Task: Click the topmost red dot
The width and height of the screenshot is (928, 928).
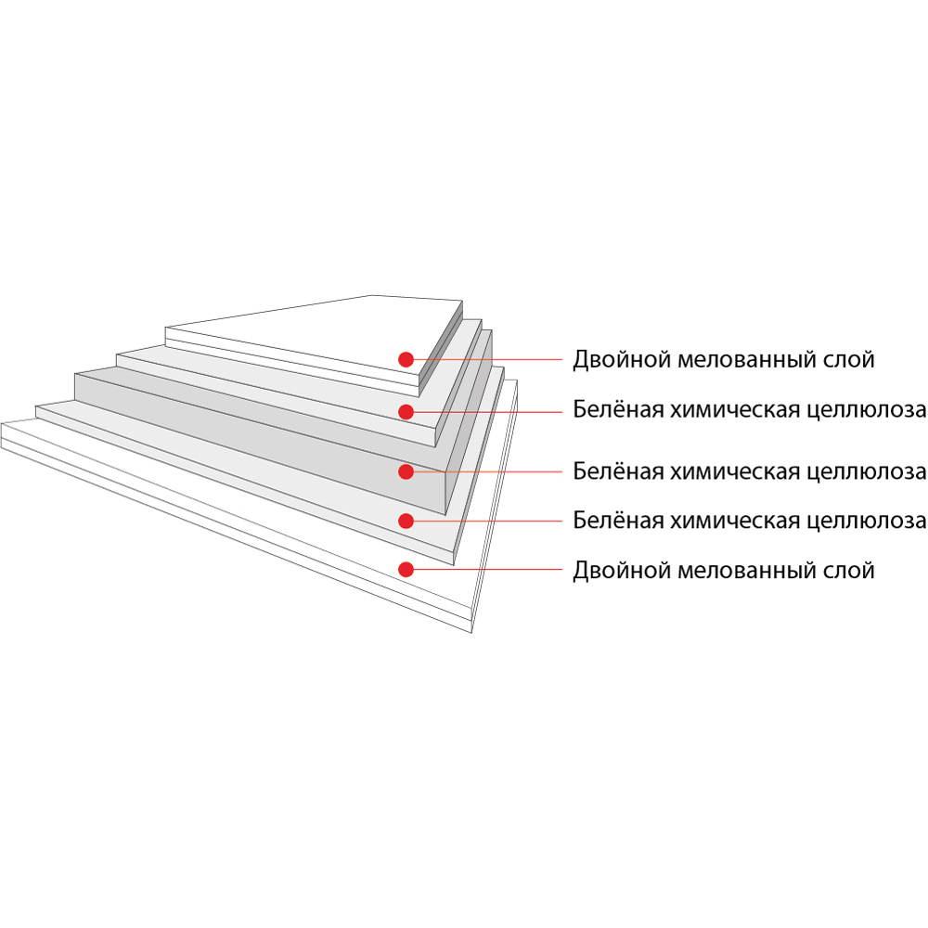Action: (x=406, y=359)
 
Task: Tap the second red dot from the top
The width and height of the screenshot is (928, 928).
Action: (x=406, y=412)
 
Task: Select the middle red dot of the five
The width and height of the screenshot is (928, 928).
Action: (x=406, y=471)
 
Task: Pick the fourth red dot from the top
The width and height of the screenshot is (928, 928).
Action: (x=406, y=521)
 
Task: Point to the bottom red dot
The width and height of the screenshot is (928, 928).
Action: (x=406, y=570)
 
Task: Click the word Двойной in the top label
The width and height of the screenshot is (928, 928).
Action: (x=622, y=360)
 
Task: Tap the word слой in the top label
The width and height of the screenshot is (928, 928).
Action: (x=849, y=360)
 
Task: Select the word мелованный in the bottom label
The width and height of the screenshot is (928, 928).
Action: (x=747, y=571)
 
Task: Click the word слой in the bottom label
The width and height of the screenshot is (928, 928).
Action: (x=849, y=571)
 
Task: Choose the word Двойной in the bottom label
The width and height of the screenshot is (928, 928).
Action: (x=622, y=571)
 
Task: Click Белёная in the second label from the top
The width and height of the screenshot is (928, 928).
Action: (x=618, y=409)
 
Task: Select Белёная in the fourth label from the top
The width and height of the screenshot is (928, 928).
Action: (x=618, y=521)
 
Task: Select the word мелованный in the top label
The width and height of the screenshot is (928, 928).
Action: (x=747, y=360)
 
